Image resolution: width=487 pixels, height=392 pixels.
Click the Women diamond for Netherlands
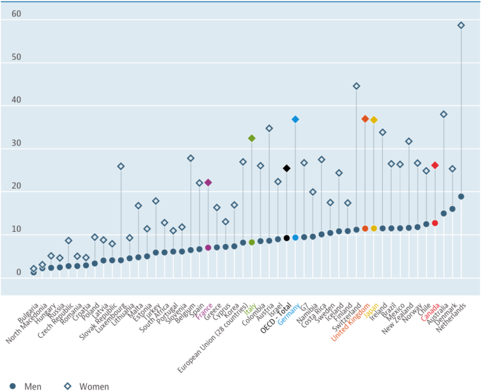[461, 25]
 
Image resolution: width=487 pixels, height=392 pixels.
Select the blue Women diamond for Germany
[295, 119]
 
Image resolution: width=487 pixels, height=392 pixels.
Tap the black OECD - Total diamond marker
[287, 168]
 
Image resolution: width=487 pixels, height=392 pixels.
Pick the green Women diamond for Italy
[252, 138]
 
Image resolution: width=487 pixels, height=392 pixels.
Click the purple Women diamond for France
[208, 182]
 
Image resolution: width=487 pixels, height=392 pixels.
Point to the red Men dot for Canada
[435, 223]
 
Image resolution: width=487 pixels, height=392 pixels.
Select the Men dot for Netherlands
[461, 197]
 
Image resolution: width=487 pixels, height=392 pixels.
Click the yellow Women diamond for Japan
[374, 119]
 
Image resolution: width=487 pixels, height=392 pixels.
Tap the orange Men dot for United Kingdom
[365, 228]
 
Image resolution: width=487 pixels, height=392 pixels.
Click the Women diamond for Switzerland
[356, 86]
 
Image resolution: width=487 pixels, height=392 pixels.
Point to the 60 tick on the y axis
[7, 13]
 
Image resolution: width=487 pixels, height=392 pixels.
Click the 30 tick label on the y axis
[7, 143]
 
